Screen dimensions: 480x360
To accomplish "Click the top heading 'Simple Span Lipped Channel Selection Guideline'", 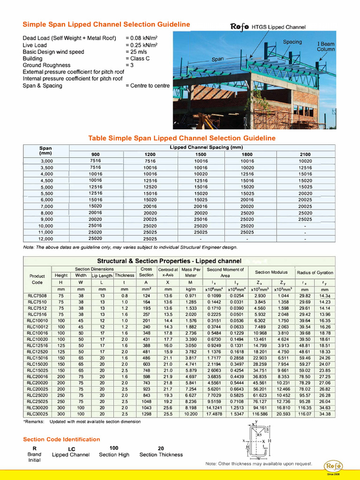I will tap(106, 24).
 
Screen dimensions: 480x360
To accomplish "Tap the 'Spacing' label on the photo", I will tap(292, 42).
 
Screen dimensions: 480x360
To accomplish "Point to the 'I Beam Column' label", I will tap(325, 46).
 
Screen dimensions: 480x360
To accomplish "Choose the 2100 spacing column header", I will tap(305, 154).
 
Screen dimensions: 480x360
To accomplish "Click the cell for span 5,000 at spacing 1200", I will tap(150, 187).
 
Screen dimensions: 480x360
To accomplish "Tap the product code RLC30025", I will tap(37, 414).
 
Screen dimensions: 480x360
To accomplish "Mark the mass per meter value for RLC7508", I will tap(190, 296).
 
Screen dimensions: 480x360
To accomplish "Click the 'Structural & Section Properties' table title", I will tap(169, 261).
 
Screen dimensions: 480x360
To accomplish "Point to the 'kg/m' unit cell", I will tap(190, 289).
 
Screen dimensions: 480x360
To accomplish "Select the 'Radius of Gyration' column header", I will tap(315, 272).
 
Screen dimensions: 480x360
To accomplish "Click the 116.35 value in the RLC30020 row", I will tap(305, 408).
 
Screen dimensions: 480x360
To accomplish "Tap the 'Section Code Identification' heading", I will tap(61, 439).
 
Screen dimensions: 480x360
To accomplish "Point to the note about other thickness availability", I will tap(259, 464).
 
